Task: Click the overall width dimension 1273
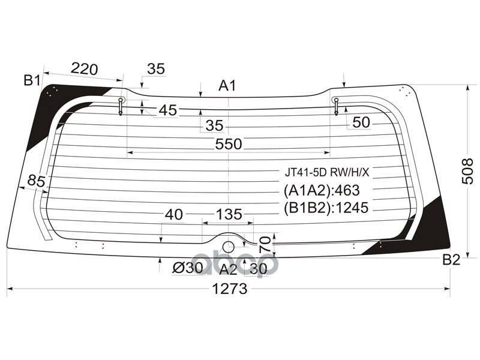tap(229, 289)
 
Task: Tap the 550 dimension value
tap(228, 144)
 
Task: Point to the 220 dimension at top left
tap(84, 69)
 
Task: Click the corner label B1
tap(32, 79)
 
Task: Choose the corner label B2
tap(451, 259)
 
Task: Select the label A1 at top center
tap(227, 86)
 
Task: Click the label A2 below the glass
tap(228, 269)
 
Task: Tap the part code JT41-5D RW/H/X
tap(327, 173)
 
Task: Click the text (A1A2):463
tap(321, 191)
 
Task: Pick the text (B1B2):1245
tap(325, 208)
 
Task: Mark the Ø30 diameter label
tap(187, 269)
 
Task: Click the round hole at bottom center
tap(228, 247)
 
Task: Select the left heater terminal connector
tap(121, 106)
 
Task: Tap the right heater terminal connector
tap(336, 106)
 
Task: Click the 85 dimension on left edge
tap(37, 180)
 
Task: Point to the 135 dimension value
tap(229, 214)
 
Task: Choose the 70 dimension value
tap(263, 244)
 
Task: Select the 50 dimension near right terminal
tap(361, 123)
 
